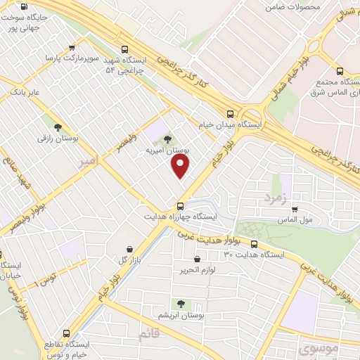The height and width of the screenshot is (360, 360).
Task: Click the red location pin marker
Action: tap(181, 165)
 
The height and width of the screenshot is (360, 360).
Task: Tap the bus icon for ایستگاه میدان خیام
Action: tap(230, 114)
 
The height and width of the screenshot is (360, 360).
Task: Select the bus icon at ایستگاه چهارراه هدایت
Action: tap(181, 206)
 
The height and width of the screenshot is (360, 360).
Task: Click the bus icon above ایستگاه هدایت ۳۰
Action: tap(254, 245)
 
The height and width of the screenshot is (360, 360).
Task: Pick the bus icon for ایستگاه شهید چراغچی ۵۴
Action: tap(124, 50)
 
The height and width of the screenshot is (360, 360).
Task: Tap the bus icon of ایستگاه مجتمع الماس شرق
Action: tap(340, 71)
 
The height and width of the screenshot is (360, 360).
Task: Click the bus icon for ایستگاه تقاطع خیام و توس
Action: tap(67, 333)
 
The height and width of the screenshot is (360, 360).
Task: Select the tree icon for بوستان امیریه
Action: tap(167, 140)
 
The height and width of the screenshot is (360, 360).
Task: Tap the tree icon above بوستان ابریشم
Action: tap(181, 304)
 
